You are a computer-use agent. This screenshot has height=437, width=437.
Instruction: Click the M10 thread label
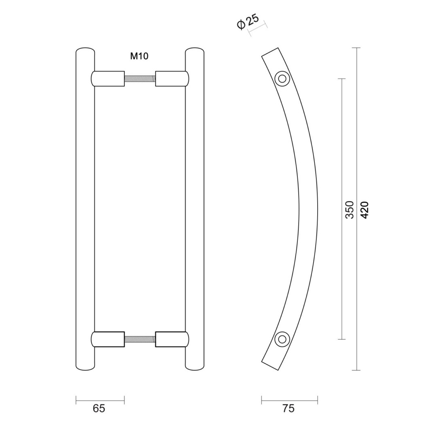coord(139,56)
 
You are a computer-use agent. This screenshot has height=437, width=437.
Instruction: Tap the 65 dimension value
coord(99,409)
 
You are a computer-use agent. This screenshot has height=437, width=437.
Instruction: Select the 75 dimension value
coord(288,409)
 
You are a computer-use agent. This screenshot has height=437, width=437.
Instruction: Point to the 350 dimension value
coord(349,210)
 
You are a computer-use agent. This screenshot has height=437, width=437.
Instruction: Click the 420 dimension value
coord(364,210)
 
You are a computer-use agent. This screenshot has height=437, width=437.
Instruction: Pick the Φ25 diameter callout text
coord(248,21)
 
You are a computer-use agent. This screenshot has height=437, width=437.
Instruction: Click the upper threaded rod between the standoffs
coord(140,79)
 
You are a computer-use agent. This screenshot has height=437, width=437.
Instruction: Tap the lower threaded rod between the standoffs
coord(140,339)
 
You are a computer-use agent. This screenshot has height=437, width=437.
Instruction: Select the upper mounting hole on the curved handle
coord(282,78)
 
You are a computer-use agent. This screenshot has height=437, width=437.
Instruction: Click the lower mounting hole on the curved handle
coord(282,339)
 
